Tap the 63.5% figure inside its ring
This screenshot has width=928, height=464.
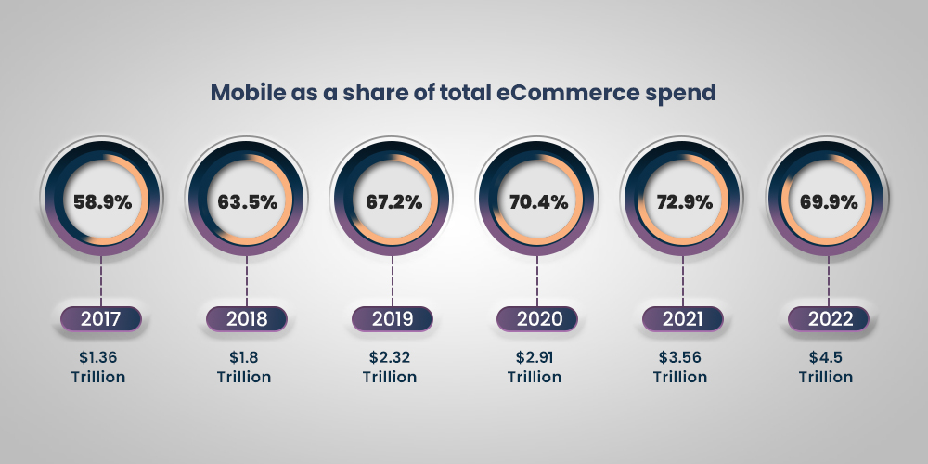point(246,200)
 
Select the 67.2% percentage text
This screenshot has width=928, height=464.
point(392,200)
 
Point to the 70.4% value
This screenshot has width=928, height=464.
point(537,200)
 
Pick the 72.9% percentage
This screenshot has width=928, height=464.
point(683,200)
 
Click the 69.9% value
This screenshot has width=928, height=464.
point(828,200)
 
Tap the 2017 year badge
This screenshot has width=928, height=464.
point(100,319)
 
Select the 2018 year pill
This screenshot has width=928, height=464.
point(246,319)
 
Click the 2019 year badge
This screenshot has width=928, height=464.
point(392,319)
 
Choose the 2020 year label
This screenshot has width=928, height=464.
point(537,319)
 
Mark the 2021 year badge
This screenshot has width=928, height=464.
point(683,319)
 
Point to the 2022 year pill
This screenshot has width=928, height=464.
point(828,319)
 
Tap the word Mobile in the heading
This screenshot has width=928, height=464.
point(245,93)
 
